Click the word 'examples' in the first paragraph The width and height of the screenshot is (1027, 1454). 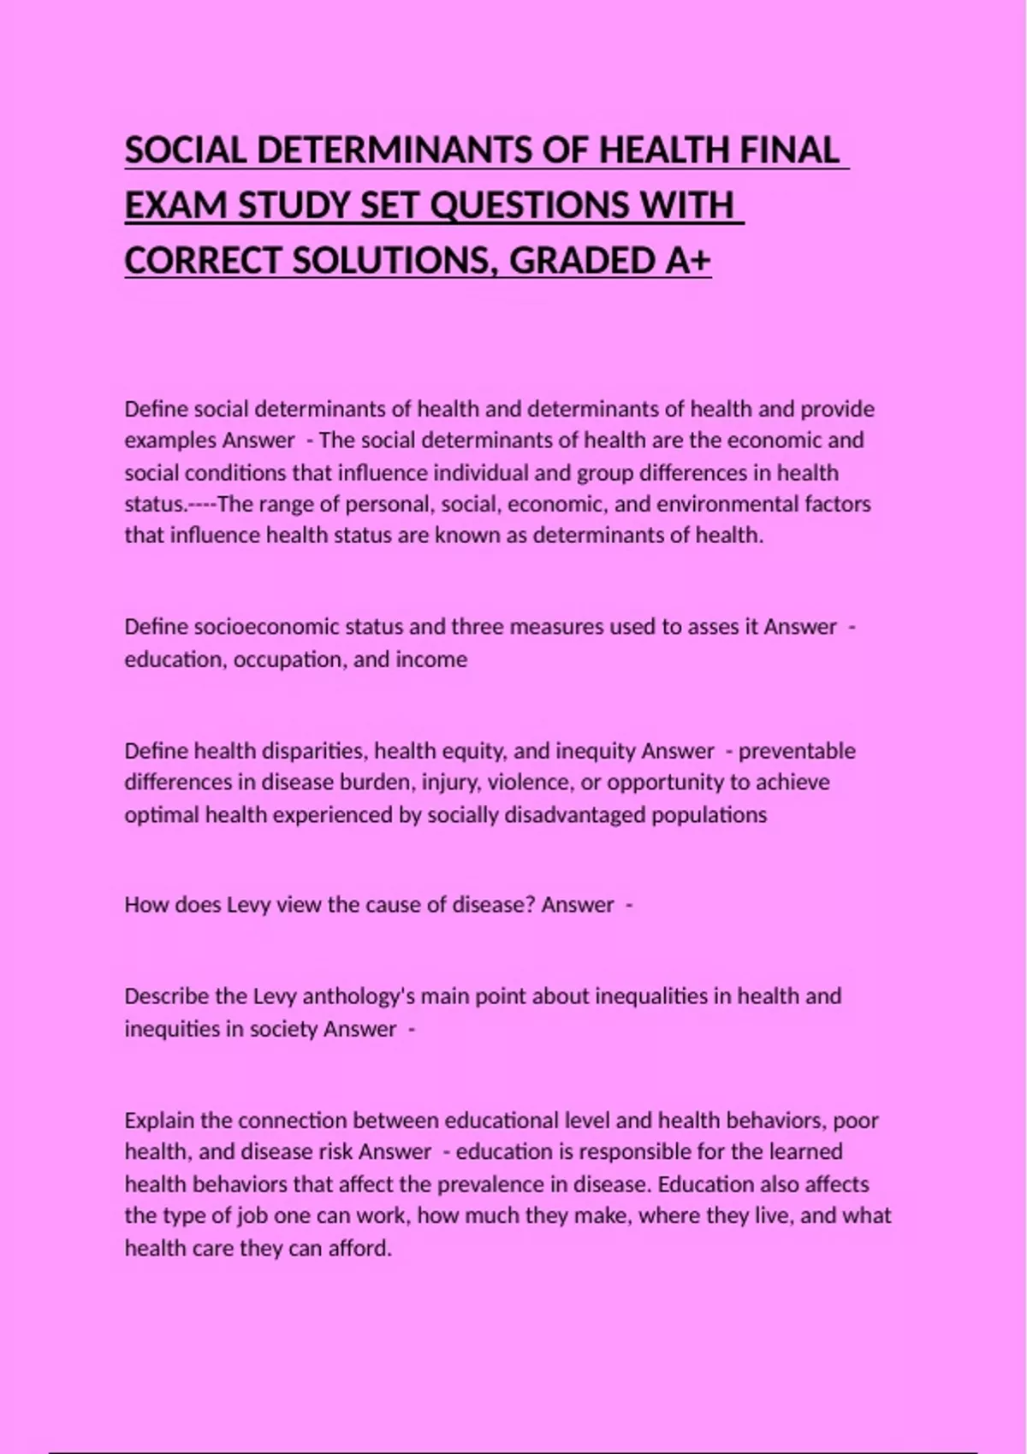tap(170, 440)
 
